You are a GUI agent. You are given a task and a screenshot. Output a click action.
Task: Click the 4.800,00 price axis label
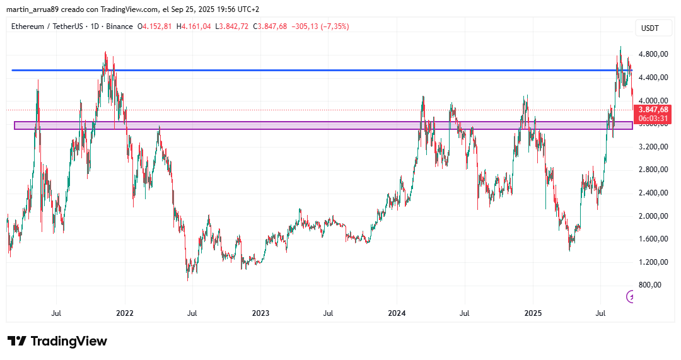click(653, 54)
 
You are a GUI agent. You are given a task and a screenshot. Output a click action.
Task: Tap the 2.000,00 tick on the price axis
click(653, 216)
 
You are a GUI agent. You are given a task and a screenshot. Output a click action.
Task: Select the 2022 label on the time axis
click(125, 313)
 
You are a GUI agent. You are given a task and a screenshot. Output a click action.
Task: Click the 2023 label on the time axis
click(260, 313)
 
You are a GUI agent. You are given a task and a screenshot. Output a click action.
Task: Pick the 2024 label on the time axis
click(397, 313)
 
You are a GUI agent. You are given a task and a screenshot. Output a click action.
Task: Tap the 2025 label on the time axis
click(533, 313)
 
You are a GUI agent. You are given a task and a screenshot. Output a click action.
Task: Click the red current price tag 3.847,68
click(653, 110)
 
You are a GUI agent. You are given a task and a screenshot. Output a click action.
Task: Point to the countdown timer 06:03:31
click(653, 118)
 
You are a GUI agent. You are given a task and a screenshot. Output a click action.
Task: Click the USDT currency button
click(650, 28)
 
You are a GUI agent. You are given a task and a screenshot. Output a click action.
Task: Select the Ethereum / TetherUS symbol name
click(47, 26)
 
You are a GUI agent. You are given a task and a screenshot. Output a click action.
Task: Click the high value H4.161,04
click(194, 26)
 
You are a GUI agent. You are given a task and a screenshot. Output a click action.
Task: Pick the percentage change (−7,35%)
click(335, 26)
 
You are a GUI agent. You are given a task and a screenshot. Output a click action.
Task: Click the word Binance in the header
click(119, 26)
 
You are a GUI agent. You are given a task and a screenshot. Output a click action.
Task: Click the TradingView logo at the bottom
click(57, 341)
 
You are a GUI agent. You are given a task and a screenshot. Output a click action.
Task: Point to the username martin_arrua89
click(35, 9)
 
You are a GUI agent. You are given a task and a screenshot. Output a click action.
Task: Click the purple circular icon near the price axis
click(630, 296)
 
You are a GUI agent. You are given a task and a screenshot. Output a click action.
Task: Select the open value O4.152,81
click(154, 26)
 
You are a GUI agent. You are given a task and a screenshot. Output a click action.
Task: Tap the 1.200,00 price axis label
click(653, 262)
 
